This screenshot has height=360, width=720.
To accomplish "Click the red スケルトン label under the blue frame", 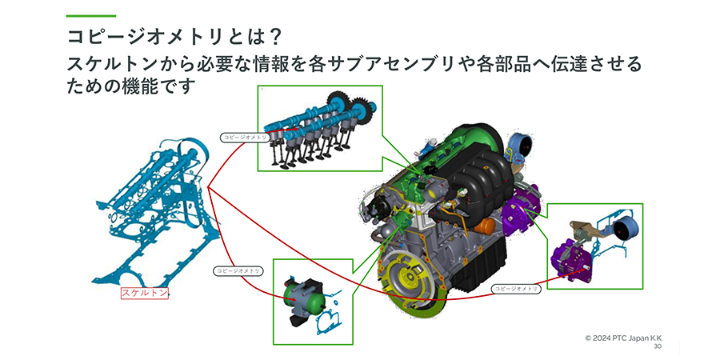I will pyautogui.click(x=145, y=294).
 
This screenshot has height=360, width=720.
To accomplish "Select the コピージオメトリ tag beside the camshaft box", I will pyautogui.click(x=245, y=138).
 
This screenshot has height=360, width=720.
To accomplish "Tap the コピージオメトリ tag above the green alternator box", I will pyautogui.click(x=238, y=271).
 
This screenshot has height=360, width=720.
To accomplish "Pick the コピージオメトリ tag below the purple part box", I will pyautogui.click(x=516, y=287).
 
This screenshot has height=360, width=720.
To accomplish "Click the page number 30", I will pyautogui.click(x=658, y=347).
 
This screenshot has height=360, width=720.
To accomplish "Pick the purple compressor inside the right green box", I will pyautogui.click(x=574, y=259).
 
